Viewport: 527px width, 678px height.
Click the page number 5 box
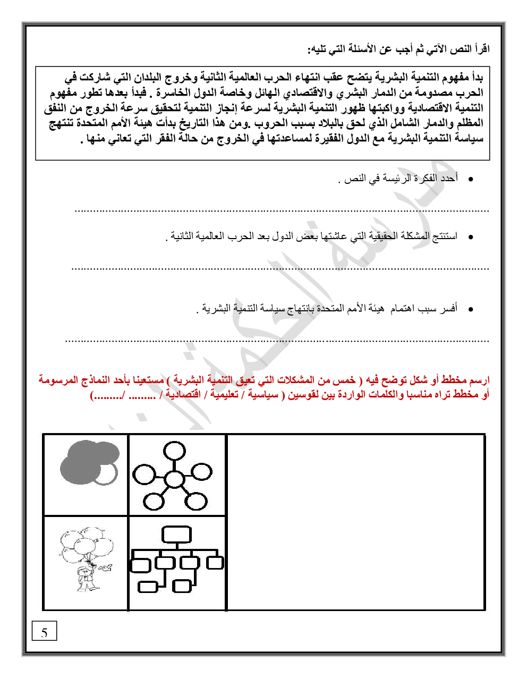click(x=44, y=632)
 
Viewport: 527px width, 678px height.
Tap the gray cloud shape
click(x=85, y=461)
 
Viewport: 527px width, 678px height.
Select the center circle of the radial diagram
click(x=173, y=479)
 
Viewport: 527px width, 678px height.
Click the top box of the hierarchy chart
click(x=176, y=535)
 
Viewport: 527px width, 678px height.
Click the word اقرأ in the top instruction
click(x=480, y=49)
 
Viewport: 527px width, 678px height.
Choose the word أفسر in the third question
click(x=449, y=308)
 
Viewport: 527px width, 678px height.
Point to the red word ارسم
click(x=479, y=380)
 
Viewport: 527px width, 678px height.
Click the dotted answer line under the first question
click(x=282, y=211)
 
